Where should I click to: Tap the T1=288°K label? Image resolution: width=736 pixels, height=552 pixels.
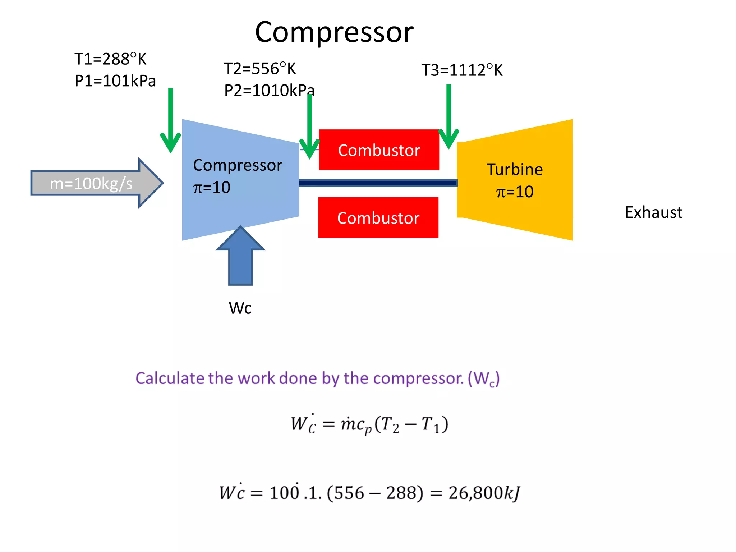click(110, 59)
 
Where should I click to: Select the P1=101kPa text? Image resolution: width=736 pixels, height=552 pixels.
click(115, 81)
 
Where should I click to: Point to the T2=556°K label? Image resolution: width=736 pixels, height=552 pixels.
click(260, 69)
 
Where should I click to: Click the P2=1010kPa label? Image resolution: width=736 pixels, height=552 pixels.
click(269, 91)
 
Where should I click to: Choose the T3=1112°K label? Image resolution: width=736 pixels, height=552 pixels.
click(462, 70)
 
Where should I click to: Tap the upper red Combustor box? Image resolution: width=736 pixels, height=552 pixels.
click(379, 150)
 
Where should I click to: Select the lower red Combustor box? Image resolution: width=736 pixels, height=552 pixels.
click(378, 218)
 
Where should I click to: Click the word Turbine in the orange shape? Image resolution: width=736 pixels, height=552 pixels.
click(515, 170)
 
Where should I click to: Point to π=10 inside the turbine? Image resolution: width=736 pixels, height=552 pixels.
click(515, 192)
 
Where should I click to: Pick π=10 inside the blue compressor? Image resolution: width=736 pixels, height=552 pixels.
click(212, 188)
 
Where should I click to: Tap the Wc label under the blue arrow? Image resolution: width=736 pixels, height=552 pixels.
click(240, 308)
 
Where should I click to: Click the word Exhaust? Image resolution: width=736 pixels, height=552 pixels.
click(653, 212)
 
